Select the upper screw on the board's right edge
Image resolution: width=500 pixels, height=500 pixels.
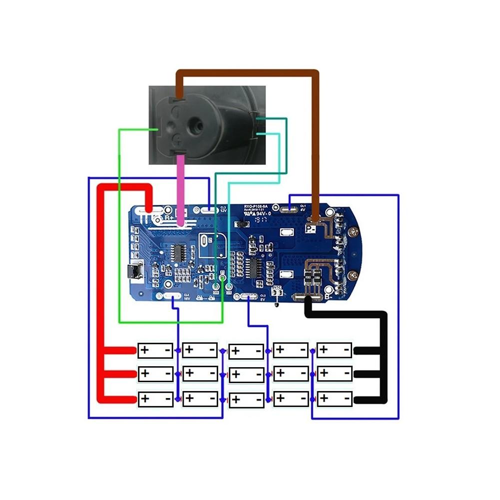(354, 232)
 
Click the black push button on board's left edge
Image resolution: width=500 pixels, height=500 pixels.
(134, 273)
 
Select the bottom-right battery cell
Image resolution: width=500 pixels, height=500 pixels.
(335, 399)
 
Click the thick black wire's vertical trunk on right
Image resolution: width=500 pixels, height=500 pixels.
(383, 357)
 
